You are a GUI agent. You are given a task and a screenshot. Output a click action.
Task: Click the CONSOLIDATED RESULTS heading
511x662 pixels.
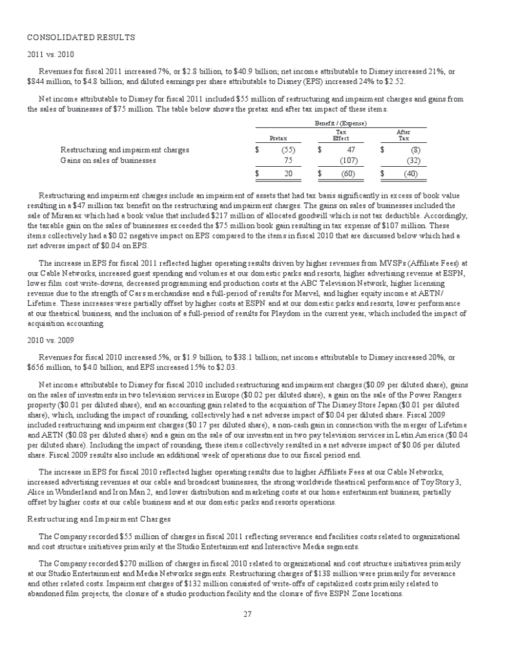[x=81, y=37]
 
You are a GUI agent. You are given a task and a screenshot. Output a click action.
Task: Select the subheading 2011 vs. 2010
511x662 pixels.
[x=48, y=54]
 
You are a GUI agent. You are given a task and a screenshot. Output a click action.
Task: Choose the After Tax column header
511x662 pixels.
[x=403, y=134]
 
